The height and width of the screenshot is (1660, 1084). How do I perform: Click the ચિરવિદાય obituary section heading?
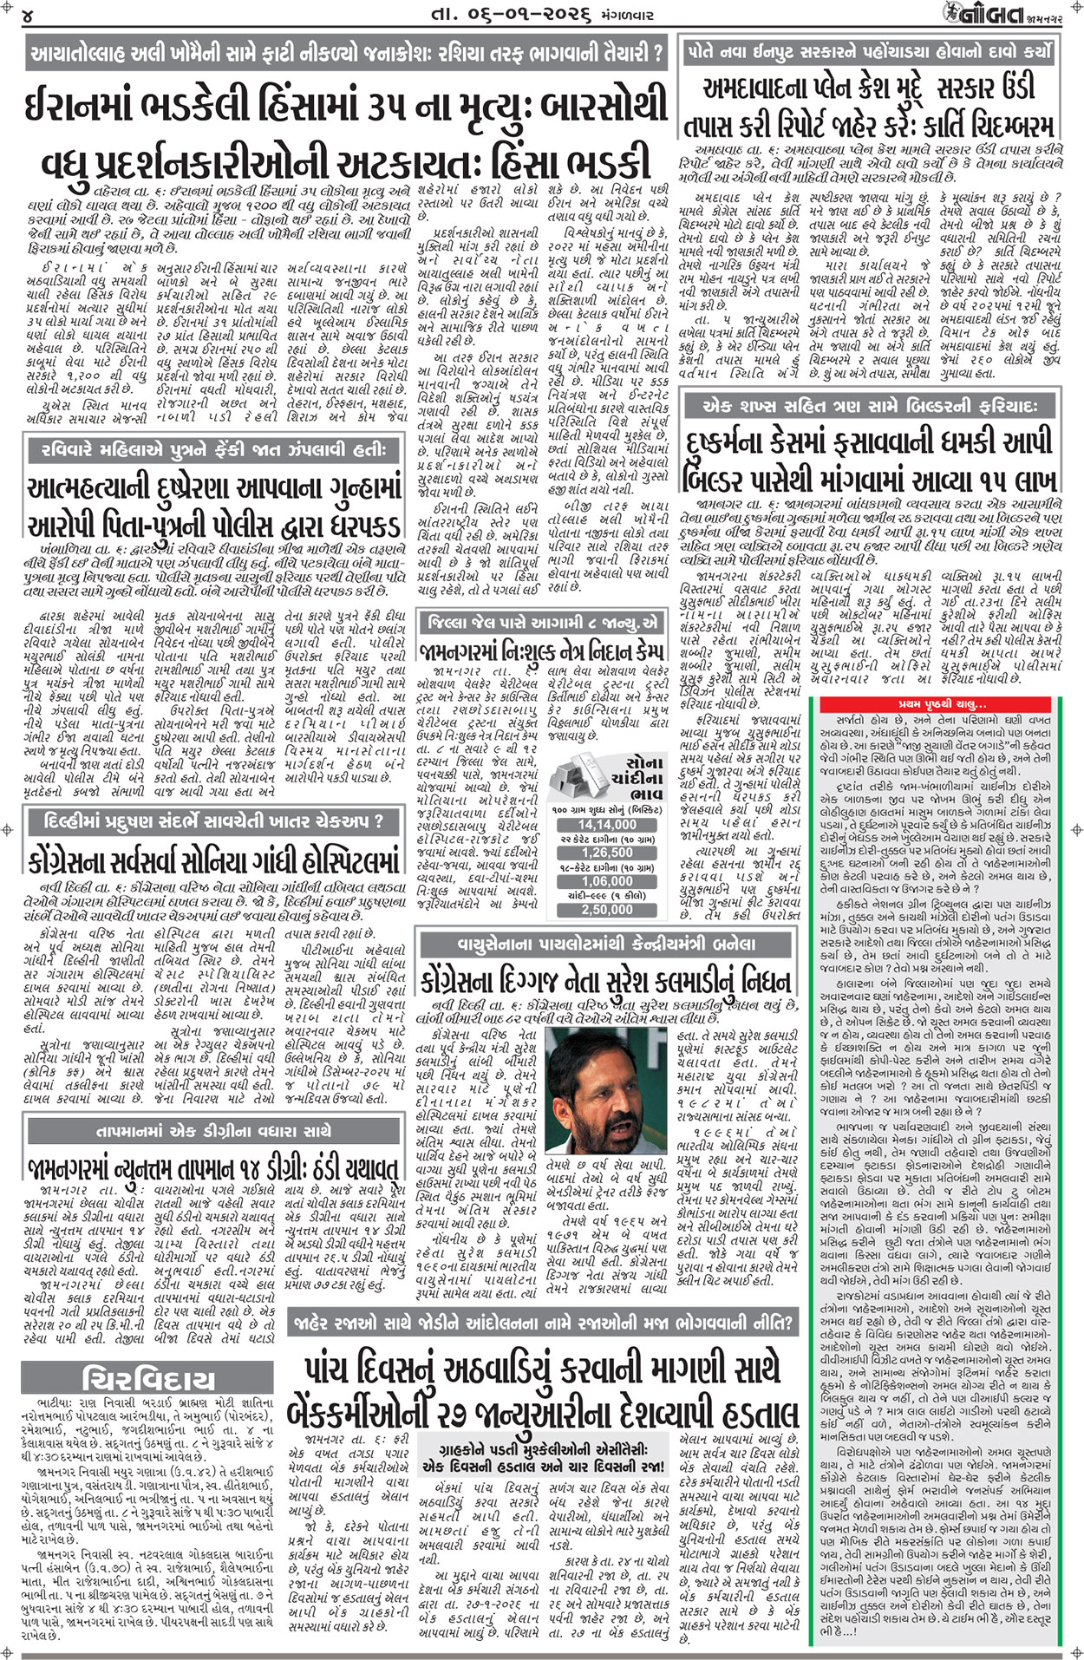[x=148, y=1379]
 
